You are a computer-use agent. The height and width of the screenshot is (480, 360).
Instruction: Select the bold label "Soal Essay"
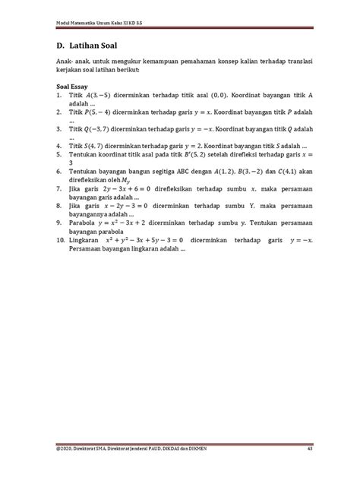coord(75,87)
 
